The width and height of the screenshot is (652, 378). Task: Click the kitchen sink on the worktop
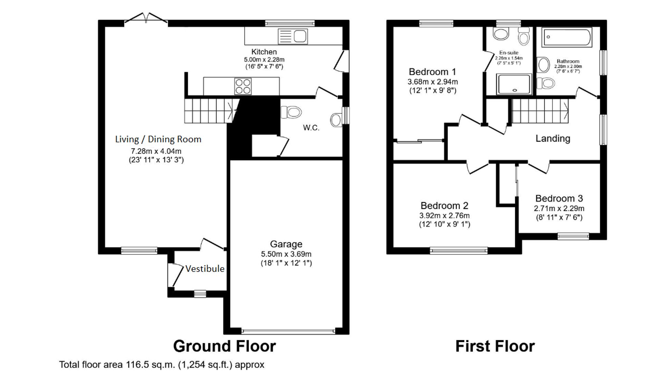293,36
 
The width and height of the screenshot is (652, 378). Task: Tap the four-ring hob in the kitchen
243,86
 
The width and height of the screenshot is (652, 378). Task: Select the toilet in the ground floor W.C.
291,112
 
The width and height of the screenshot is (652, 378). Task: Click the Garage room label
286,244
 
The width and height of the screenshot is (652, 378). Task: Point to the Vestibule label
205,269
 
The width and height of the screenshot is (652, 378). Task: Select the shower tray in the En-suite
514,84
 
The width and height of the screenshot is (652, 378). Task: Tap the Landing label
553,138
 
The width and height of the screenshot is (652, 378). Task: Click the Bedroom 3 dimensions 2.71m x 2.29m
559,209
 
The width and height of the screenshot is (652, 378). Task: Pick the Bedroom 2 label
444,206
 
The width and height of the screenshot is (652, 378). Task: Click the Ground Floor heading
224,346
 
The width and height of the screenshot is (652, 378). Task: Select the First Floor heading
495,346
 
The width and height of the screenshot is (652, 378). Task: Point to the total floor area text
161,365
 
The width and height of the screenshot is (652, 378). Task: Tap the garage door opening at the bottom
288,331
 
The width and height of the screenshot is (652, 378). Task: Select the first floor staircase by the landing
540,111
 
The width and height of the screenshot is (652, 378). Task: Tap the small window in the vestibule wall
200,294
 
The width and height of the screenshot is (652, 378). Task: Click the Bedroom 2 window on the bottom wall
458,251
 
